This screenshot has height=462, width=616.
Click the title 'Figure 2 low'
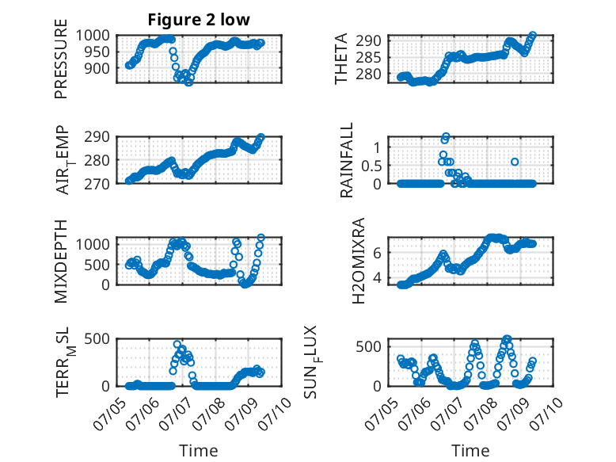(199, 20)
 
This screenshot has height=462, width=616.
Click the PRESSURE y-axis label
(61, 59)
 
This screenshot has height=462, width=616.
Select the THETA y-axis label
(341, 59)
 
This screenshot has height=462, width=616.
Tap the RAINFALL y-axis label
(347, 160)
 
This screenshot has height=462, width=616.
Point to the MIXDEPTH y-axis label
(61, 262)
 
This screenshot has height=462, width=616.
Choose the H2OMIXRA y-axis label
(359, 261)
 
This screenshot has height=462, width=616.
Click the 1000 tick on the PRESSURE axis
(93, 36)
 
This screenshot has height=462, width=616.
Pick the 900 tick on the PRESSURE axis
(97, 68)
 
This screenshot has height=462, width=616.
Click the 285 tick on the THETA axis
(368, 57)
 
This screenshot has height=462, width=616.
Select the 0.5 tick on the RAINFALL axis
(371, 166)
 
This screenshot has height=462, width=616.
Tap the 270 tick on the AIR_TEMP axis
(97, 184)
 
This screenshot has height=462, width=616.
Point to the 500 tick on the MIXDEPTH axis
(97, 265)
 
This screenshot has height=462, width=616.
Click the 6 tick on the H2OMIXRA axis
(378, 253)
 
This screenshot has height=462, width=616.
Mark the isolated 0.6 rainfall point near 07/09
(515, 162)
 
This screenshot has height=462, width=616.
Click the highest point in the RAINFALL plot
(446, 136)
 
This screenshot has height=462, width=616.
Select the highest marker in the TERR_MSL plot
(177, 344)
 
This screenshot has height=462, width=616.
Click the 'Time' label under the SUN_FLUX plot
(470, 450)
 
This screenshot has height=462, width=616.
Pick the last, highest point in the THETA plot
(533, 35)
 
